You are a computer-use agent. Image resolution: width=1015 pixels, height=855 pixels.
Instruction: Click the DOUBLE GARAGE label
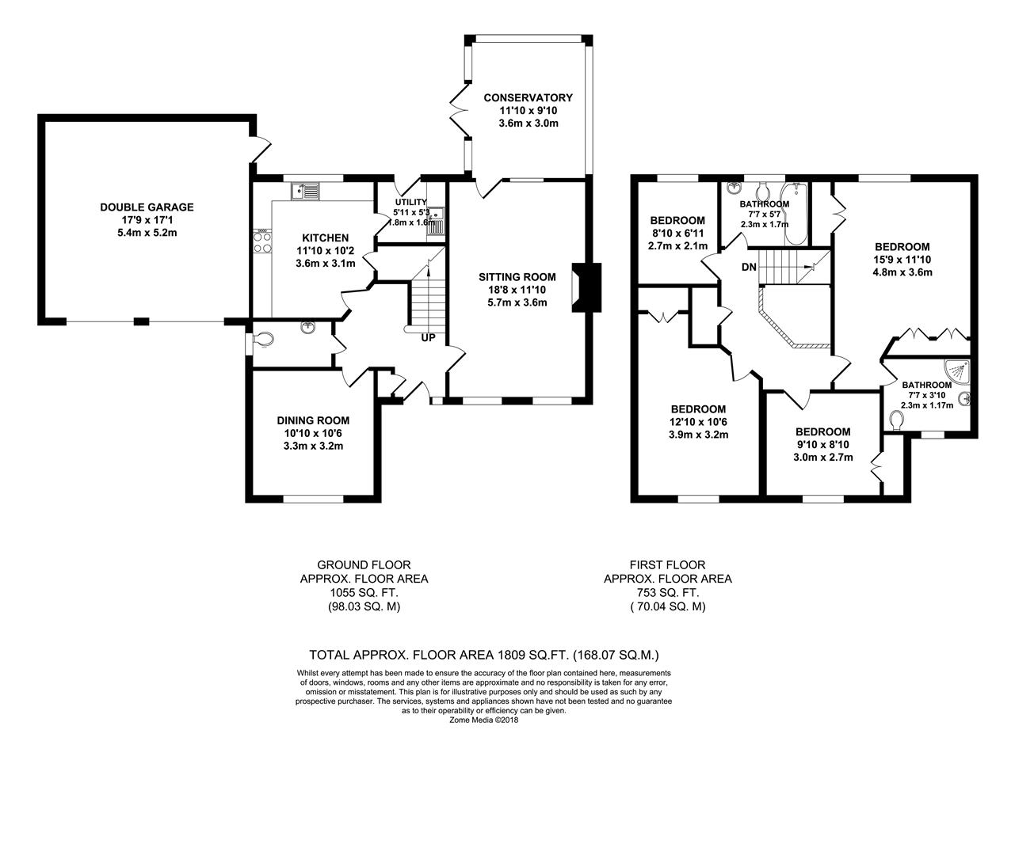[x=147, y=207]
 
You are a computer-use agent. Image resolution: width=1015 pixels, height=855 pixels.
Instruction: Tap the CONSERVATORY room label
[x=528, y=97]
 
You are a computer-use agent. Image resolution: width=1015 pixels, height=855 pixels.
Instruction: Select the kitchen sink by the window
[x=305, y=191]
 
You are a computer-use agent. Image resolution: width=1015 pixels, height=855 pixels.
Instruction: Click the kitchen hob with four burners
[x=262, y=241]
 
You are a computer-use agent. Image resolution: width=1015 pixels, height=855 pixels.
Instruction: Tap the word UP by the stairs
[x=428, y=337]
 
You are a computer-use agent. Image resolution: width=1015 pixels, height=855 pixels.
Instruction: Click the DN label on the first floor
[x=749, y=267]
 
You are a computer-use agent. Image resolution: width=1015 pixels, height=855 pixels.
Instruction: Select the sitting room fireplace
[x=587, y=287]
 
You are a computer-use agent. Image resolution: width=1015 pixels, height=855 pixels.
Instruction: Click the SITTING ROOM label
[x=517, y=277]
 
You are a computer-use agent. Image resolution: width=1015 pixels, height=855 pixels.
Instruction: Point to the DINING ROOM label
[x=313, y=420]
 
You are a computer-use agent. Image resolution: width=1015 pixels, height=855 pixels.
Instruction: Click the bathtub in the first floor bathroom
[x=796, y=214]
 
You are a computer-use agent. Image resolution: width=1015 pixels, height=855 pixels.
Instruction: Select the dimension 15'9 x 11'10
[x=902, y=260]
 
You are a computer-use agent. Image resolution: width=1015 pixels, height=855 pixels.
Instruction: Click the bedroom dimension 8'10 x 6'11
[x=677, y=234]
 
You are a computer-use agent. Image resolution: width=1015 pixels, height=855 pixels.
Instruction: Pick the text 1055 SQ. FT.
[x=364, y=593]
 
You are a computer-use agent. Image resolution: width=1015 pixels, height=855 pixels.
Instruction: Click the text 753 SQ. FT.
[x=668, y=593]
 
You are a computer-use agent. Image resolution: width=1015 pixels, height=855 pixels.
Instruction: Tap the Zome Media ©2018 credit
[x=483, y=720]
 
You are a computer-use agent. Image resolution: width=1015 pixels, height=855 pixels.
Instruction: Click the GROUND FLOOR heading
[x=364, y=565]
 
